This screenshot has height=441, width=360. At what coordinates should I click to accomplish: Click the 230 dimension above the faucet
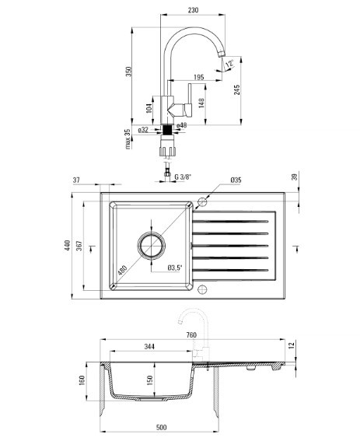(193, 10)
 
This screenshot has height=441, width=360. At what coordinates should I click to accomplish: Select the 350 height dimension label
(128, 72)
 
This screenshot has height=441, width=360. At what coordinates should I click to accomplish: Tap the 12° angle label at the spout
(229, 64)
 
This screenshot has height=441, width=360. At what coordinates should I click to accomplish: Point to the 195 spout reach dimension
(199, 77)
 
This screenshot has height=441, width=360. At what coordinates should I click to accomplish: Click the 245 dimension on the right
(237, 89)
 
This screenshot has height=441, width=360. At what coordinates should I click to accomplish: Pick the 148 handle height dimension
(201, 103)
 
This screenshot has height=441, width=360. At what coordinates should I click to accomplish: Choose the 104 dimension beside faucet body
(149, 108)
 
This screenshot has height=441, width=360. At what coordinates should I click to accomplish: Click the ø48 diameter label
(182, 125)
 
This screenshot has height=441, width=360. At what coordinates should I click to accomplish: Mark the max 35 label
(128, 139)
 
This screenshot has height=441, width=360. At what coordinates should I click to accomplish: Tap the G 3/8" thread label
(183, 177)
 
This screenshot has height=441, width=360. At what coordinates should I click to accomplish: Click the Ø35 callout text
(236, 180)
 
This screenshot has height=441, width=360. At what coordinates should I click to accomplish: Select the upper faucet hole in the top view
(202, 201)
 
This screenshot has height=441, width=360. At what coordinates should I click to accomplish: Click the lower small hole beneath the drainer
(202, 289)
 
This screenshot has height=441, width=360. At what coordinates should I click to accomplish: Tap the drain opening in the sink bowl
(152, 244)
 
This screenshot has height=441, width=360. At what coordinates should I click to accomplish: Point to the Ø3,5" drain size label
(175, 268)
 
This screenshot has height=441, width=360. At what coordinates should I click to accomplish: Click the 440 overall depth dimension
(67, 245)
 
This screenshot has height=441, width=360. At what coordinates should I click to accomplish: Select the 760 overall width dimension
(191, 335)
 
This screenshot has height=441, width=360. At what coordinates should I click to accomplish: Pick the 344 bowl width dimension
(149, 347)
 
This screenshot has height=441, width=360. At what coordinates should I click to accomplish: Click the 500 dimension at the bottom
(161, 428)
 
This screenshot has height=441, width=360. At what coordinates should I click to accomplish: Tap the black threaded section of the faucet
(167, 130)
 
